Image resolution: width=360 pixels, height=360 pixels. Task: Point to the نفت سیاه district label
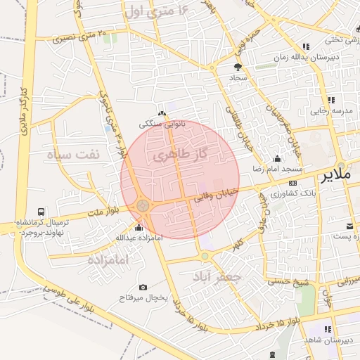tap(75, 153)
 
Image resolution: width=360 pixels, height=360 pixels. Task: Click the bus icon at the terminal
tap(41, 211)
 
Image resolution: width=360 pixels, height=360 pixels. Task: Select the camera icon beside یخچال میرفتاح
tap(143, 287)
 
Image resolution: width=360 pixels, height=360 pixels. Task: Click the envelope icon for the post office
tap(349, 226)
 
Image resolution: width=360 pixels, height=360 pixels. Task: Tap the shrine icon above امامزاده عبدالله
tap(138, 227)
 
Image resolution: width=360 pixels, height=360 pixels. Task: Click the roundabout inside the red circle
tap(143, 205)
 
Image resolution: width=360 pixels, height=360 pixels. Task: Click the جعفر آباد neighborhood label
tap(220, 276)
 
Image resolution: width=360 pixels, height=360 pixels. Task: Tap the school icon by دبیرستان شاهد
tap(327, 329)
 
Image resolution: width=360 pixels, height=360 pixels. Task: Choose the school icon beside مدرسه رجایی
tap(330, 101)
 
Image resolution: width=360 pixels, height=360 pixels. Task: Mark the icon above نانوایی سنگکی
tap(162, 113)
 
